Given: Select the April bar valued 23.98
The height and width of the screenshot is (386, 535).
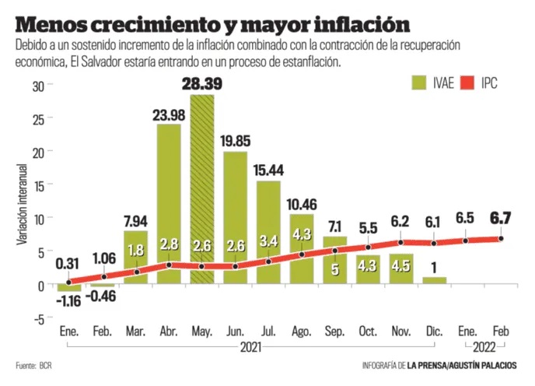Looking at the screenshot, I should (169, 195).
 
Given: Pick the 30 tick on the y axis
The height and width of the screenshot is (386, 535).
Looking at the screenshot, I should (37, 86).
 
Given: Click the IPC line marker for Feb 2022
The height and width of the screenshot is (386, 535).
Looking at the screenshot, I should (502, 238).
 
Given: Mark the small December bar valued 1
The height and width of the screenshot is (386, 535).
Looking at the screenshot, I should (434, 280).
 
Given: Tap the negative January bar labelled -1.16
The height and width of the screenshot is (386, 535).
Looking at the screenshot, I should (68, 287).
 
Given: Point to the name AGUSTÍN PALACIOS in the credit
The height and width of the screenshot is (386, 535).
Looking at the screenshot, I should (486, 366).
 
